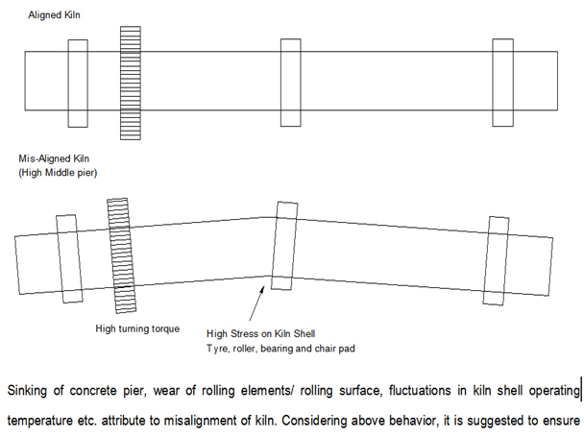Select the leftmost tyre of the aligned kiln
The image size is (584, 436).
(x=78, y=82)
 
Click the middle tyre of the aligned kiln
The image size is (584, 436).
(x=290, y=82)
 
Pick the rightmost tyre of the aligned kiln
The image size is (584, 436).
(x=502, y=82)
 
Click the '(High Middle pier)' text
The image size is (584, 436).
(x=59, y=171)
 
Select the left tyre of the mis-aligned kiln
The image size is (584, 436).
(x=66, y=253)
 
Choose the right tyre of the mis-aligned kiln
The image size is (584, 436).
(x=497, y=252)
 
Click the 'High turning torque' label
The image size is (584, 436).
(x=139, y=328)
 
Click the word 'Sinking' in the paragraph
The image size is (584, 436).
(x=30, y=391)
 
